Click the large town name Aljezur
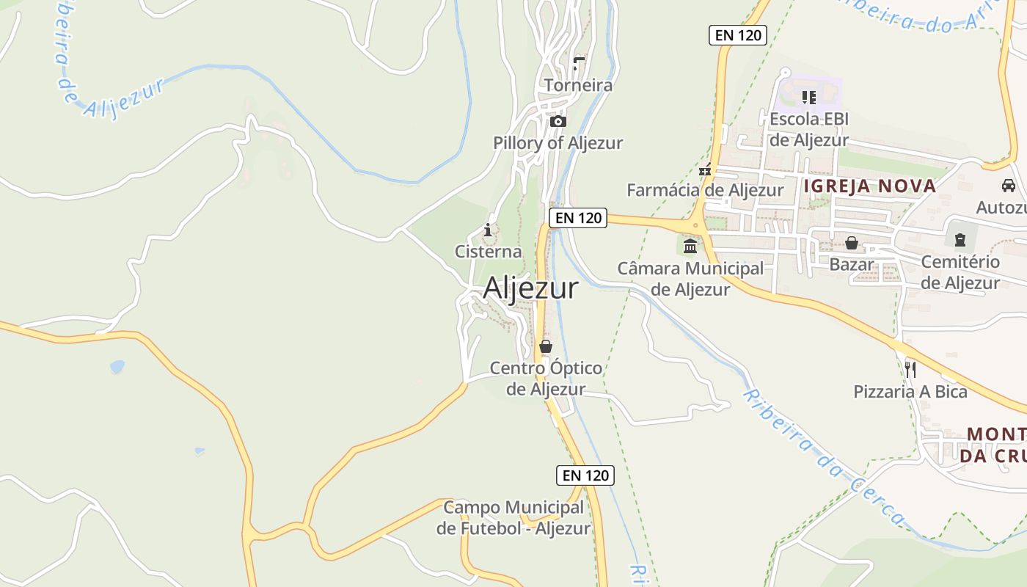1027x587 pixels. tap(530, 288)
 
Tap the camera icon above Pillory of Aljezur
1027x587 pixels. tap(558, 122)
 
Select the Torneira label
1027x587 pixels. tap(578, 85)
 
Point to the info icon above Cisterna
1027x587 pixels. tap(488, 230)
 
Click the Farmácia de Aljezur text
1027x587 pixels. tap(705, 190)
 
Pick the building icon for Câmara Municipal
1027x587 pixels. tap(690, 246)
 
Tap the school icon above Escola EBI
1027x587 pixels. tap(809, 97)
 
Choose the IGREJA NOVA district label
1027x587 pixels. tap(870, 186)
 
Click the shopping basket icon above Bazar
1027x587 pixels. tap(852, 242)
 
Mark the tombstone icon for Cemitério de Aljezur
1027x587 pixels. tap(960, 239)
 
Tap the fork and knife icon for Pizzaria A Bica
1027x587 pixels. tap(910, 369)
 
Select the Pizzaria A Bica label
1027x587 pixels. tap(910, 392)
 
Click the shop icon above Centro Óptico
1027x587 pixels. tap(546, 346)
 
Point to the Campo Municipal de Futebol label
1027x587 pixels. tap(513, 517)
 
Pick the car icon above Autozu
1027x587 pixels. tap(1009, 186)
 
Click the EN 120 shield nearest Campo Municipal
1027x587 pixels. tap(585, 475)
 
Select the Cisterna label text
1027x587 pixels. tap(489, 252)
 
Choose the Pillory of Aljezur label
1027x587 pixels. tap(558, 143)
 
